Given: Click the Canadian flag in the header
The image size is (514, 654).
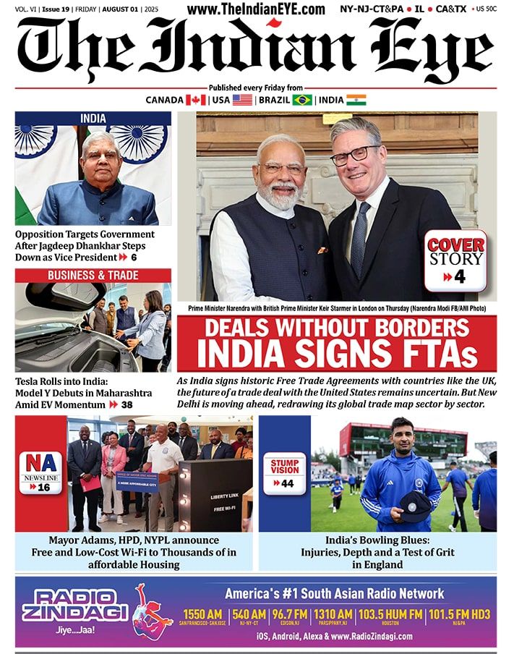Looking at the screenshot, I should point(196,100).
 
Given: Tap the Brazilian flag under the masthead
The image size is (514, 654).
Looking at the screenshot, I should point(302,100).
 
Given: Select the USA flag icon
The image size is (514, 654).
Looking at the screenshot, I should point(242,100).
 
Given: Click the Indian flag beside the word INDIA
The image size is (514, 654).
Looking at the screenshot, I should point(356,100).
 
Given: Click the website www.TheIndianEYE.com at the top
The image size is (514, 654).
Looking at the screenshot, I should point(256,9).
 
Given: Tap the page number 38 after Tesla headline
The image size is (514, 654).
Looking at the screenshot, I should point(127,405).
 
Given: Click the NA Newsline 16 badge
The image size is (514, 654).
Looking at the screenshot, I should point(40,472).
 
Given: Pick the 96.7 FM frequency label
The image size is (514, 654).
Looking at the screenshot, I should point(290,614).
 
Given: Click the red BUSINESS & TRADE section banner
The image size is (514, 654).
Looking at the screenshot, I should point(93,276).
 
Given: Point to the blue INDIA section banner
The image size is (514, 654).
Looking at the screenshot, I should point(93,118).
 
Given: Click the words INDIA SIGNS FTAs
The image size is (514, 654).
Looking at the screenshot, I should point(337,354).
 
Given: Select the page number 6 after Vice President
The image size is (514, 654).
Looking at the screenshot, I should point(133,258).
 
